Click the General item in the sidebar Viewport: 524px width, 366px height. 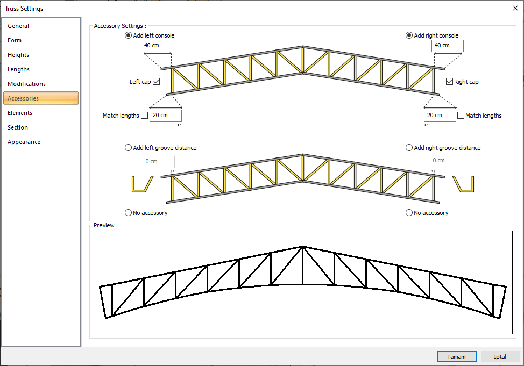(18, 26)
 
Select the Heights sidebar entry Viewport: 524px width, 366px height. (18, 55)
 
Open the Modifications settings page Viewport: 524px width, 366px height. (26, 84)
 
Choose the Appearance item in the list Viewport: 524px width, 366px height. (24, 142)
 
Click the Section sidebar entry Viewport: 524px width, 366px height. (18, 127)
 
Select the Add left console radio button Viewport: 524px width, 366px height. (128, 35)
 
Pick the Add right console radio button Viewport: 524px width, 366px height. (409, 35)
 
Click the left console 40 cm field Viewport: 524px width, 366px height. (157, 46)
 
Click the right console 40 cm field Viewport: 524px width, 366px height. (447, 46)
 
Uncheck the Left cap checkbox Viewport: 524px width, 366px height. (157, 82)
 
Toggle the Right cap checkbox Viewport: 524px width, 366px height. (449, 82)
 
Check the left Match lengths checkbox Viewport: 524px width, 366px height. (144, 116)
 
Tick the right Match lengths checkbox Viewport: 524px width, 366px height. (461, 116)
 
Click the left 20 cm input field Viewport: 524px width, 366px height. (165, 116)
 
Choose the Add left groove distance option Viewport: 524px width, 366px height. (128, 148)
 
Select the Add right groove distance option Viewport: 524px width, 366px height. (409, 148)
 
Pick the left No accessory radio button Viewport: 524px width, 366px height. (128, 213)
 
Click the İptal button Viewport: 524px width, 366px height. (500, 356)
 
